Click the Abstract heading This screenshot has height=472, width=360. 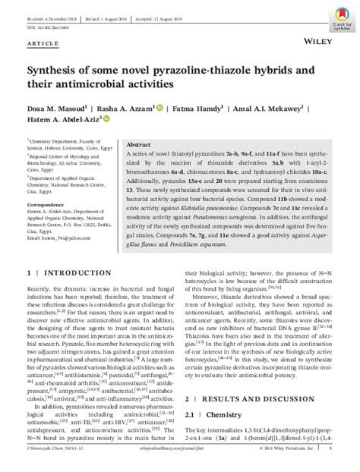pos(139,144)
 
